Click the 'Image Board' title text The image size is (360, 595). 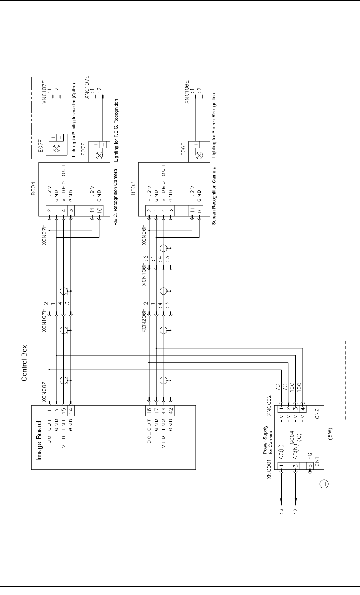tap(39, 441)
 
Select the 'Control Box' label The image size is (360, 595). tap(24, 363)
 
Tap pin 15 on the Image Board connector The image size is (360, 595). tap(63, 411)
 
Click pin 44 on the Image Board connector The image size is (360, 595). tap(164, 411)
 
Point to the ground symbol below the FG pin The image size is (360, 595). tap(324, 484)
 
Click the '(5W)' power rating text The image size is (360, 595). tap(330, 434)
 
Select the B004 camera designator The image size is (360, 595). tap(33, 189)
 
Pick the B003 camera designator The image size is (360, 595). tap(133, 189)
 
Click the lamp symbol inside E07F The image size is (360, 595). tap(56, 148)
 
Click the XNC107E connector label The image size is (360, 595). tap(87, 87)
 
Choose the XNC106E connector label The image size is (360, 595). tap(187, 92)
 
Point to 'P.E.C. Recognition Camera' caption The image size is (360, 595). tap(116, 197)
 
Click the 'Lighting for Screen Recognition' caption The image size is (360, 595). tap(214, 125)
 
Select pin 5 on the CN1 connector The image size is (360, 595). tap(310, 466)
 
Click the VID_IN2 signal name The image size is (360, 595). tap(164, 433)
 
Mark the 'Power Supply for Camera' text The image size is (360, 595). tap(268, 440)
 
